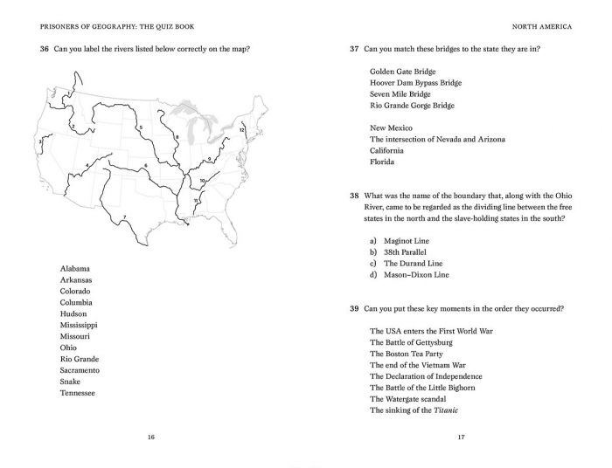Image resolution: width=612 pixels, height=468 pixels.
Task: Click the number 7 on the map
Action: coord(124,217)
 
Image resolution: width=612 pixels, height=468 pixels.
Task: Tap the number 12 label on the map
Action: coord(241,130)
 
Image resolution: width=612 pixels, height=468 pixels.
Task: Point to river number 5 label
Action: coord(141,127)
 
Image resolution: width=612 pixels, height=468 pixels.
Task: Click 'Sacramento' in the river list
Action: coord(80,370)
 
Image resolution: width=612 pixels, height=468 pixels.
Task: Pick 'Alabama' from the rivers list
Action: coord(75,268)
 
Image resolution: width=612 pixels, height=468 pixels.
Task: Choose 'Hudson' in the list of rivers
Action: coord(73,313)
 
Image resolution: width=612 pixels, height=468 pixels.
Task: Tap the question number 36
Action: coord(45,49)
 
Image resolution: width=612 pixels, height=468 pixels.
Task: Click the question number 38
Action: coord(354,196)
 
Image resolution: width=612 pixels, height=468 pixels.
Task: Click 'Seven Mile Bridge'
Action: coord(400,94)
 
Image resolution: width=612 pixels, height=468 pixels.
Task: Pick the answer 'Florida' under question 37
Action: coord(382,162)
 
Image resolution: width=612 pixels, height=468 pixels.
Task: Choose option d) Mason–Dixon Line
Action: coord(409,274)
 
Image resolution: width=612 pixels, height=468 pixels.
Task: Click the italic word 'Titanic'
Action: coord(445,410)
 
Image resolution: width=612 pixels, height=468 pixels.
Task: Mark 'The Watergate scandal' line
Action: coord(414,399)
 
